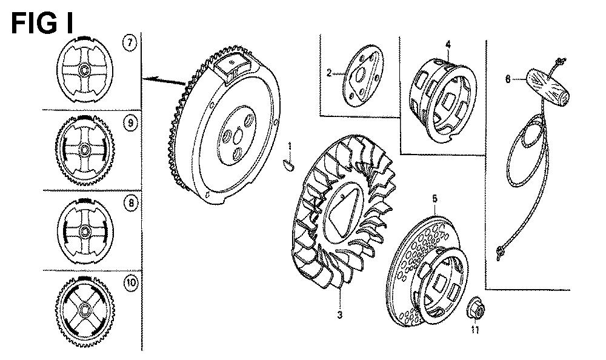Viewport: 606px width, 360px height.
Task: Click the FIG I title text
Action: coord(42,23)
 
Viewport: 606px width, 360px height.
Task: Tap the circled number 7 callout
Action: coord(130,43)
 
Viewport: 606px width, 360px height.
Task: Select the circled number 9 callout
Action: coord(131,124)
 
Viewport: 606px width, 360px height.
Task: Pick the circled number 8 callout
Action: coord(131,204)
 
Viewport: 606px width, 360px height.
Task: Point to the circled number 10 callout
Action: coord(131,282)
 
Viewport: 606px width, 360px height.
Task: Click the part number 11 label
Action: coord(475,330)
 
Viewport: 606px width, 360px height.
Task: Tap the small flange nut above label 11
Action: coord(475,308)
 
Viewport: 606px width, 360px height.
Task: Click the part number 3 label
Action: coord(340,315)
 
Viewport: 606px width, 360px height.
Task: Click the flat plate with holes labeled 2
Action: coord(363,75)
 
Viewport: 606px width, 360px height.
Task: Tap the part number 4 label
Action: coord(448,45)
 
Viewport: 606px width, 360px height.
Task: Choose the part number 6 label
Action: coord(508,79)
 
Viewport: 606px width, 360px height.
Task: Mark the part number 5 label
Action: coord(435,199)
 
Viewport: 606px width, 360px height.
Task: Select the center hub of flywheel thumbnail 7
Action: coord(84,70)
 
